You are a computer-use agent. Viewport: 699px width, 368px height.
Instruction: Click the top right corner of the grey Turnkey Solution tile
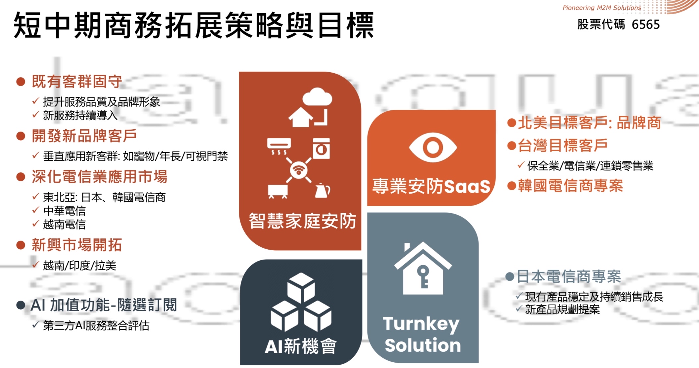pyautogui.click(x=478, y=213)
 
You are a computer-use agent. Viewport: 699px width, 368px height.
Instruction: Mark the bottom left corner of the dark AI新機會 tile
pyautogui.click(x=240, y=365)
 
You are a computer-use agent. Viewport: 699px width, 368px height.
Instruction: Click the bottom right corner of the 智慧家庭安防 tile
pyautogui.click(x=361, y=250)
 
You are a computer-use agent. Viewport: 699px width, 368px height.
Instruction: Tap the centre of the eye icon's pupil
pyautogui.click(x=433, y=147)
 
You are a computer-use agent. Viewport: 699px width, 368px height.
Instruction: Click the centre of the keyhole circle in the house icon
pyautogui.click(x=423, y=272)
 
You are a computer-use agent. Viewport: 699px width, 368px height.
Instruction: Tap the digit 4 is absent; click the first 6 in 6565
pyautogui.click(x=635, y=25)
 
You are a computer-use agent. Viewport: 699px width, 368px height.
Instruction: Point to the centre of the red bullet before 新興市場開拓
pyautogui.click(x=21, y=245)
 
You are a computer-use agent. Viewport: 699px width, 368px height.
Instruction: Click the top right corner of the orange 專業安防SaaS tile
pyautogui.click(x=495, y=110)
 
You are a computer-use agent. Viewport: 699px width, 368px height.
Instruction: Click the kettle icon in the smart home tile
pyautogui.click(x=322, y=190)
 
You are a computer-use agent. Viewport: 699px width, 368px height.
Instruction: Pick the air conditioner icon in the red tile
pyautogui.click(x=279, y=146)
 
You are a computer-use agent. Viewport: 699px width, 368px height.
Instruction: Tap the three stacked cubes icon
pyautogui.click(x=301, y=302)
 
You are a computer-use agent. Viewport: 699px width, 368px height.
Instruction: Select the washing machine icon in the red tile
pyautogui.click(x=321, y=149)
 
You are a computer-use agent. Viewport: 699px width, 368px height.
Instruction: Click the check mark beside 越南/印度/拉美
pyautogui.click(x=36, y=265)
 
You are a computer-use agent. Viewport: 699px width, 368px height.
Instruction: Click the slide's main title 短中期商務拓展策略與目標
pyautogui.click(x=194, y=25)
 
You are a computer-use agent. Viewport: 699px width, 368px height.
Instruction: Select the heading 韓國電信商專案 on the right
pyautogui.click(x=570, y=186)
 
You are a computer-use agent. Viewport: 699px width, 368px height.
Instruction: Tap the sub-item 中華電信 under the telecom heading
pyautogui.click(x=64, y=211)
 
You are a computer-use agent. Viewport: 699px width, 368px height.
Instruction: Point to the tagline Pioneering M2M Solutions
pyautogui.click(x=602, y=8)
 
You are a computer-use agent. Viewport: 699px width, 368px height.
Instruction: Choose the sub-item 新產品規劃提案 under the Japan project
pyautogui.click(x=562, y=309)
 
